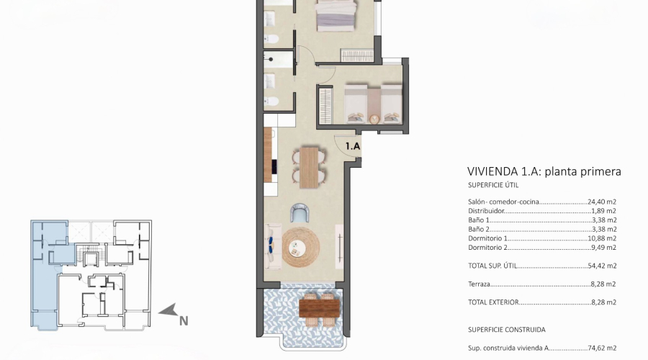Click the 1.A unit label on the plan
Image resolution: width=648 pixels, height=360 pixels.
click(x=353, y=145)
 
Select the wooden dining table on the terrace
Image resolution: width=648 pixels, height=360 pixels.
click(x=320, y=307)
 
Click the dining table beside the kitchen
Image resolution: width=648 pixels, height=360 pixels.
click(x=308, y=165)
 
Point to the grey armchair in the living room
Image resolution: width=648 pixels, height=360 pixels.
click(x=300, y=212)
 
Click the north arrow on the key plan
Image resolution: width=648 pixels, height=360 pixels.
click(x=168, y=311)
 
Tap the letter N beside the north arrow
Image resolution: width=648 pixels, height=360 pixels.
click(x=184, y=321)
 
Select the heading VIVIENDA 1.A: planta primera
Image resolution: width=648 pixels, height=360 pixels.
click(x=544, y=171)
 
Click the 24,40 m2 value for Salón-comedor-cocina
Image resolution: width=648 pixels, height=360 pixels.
click(x=603, y=202)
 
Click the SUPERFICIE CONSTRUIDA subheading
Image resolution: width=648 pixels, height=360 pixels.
click(x=506, y=329)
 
